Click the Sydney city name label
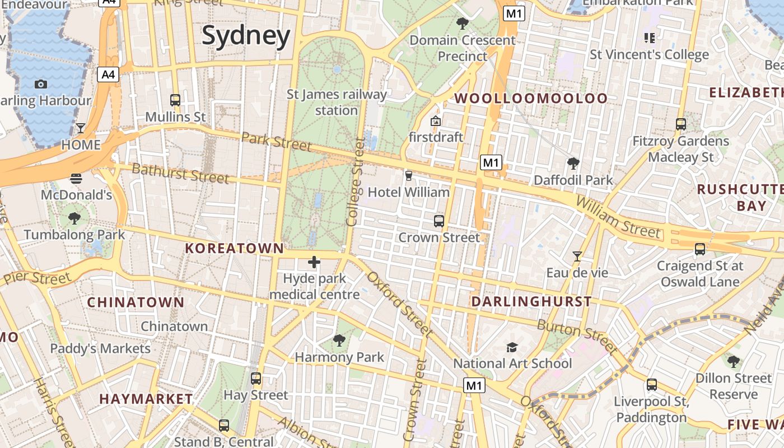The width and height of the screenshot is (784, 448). pos(246,36)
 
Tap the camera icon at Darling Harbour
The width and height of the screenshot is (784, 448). pos(41,84)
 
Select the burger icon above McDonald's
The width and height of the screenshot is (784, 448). pos(76,179)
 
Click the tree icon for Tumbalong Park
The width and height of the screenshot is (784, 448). pos(74,218)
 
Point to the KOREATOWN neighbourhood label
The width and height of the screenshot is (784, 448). pos(235,248)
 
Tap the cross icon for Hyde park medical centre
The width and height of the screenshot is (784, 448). pos(314,262)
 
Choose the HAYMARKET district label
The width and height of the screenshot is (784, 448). pos(146,399)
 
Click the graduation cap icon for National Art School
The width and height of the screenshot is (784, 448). pos(512,347)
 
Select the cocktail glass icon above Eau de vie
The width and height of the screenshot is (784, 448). pos(577,256)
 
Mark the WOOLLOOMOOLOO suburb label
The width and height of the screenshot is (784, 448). pos(530,99)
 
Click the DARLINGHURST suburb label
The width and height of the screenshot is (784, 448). pos(531,302)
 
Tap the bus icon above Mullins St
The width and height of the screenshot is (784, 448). pos(175,100)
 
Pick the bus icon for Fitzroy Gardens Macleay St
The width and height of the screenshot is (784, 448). pos(681,124)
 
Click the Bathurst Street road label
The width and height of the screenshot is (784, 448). pos(180,173)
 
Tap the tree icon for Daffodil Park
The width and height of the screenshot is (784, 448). pos(573,164)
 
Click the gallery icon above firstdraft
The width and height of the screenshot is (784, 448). pos(436,120)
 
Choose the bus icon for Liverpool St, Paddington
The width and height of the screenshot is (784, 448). pos(651,385)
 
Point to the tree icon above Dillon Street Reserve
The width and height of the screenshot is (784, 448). pos(733,361)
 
